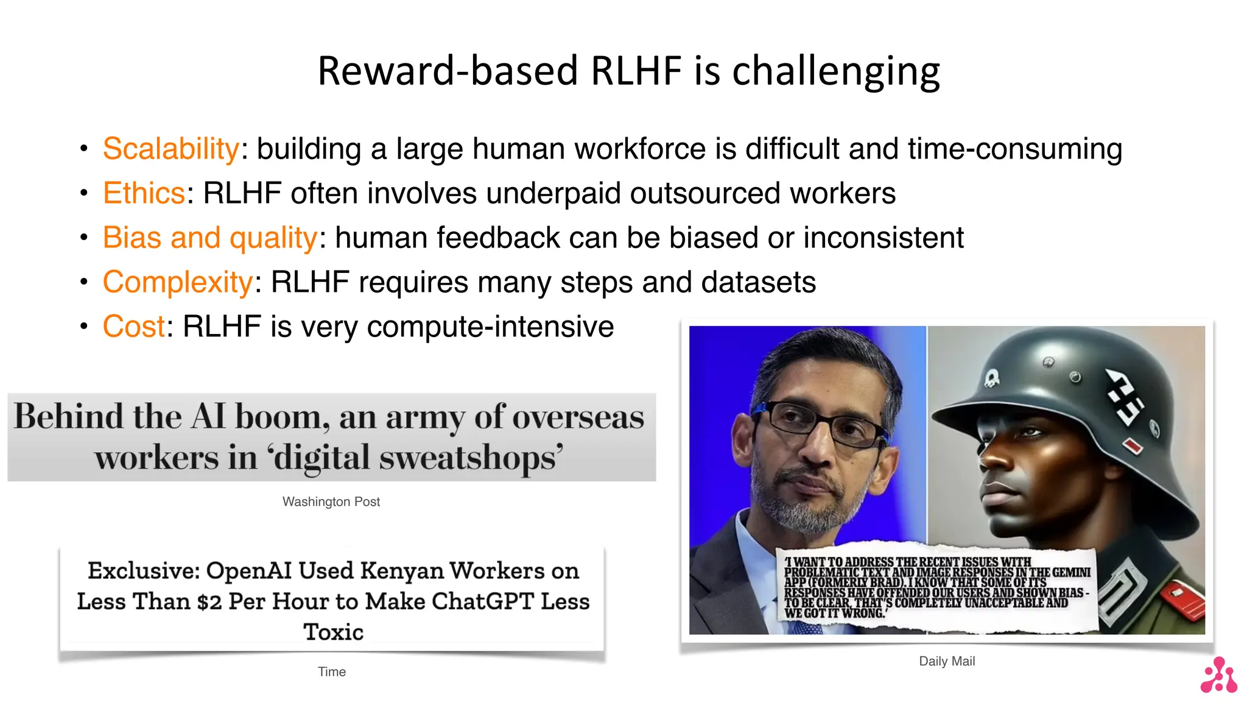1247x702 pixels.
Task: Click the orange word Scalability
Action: pos(171,149)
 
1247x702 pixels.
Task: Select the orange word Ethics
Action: pos(144,193)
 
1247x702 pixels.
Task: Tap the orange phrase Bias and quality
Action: pos(210,238)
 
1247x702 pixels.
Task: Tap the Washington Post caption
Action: pos(331,502)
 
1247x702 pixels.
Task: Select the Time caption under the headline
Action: pos(332,672)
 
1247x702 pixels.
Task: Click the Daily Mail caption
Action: pos(947,661)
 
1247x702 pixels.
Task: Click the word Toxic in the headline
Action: pos(334,632)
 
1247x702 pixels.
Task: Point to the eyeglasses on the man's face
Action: pos(819,424)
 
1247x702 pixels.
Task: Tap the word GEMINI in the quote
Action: pos(1072,572)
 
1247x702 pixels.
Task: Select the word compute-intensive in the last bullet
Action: pos(491,327)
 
